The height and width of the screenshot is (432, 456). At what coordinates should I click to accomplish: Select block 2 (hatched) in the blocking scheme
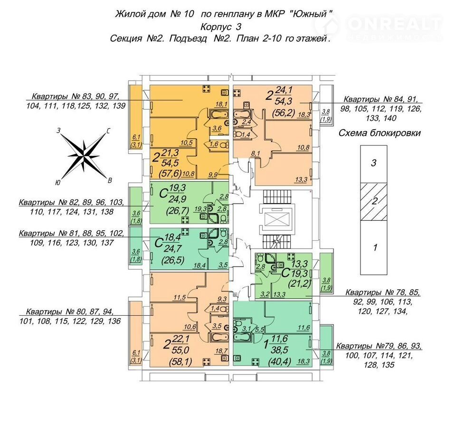373,201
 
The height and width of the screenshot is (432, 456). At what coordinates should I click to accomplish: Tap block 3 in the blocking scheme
373,164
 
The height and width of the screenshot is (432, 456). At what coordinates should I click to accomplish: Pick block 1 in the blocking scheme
373,247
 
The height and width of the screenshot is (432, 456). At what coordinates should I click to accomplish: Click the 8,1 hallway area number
255,153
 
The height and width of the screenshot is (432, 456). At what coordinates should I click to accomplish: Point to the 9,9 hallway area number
213,174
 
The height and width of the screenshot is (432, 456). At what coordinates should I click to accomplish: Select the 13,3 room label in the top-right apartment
301,179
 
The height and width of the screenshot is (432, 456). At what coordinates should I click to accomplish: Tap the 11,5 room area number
179,297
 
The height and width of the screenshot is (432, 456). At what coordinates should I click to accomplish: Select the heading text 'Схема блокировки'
380,133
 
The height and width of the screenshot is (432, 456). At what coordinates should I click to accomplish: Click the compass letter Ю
57,183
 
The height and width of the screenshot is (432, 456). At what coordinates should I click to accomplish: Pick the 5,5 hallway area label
259,329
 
